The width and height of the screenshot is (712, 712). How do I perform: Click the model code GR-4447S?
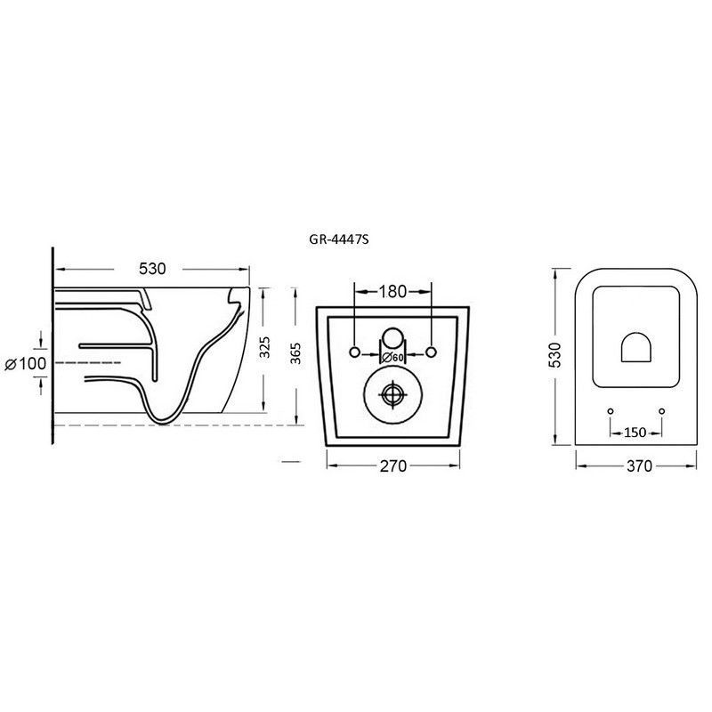(x=338, y=239)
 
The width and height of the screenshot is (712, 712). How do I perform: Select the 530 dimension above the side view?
(x=152, y=269)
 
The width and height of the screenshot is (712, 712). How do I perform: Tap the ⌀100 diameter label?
(x=26, y=363)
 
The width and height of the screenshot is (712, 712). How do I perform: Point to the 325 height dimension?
(x=265, y=347)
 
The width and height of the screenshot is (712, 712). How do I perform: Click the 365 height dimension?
(x=295, y=353)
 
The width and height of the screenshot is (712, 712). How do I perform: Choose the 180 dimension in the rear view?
(x=392, y=292)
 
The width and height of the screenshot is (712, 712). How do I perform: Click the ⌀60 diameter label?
(x=393, y=358)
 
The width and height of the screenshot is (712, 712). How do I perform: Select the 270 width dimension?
(x=393, y=465)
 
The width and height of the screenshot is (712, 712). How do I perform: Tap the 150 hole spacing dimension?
(x=635, y=433)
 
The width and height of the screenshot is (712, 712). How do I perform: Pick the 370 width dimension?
(x=639, y=465)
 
